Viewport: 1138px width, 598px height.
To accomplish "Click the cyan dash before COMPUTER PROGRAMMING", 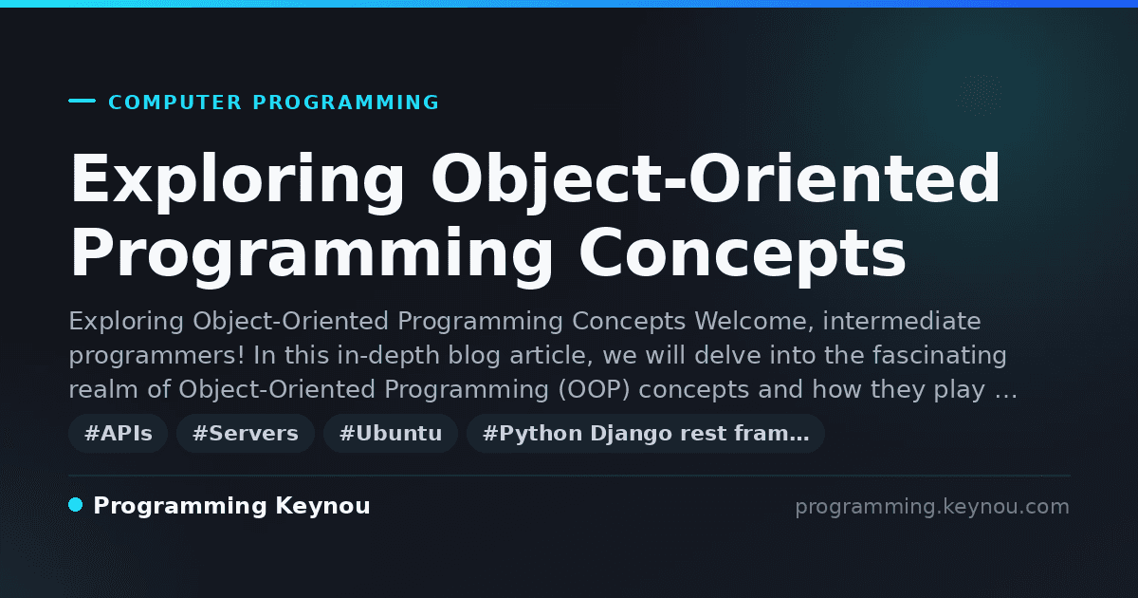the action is tap(82, 101).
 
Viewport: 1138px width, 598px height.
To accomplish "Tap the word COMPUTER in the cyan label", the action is tap(174, 103).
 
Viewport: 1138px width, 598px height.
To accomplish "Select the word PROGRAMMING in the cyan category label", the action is tap(345, 103).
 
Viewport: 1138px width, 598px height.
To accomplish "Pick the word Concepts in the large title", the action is tap(743, 252).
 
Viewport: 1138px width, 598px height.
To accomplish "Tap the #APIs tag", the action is tap(118, 433).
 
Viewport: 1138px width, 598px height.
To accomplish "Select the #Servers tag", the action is tap(246, 433).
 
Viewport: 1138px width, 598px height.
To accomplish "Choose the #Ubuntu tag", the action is tap(391, 433).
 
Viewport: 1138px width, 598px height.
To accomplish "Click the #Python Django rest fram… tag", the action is tap(645, 433).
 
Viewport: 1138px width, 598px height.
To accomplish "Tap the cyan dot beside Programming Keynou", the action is tap(75, 505).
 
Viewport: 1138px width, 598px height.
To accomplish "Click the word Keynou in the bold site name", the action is tap(322, 507).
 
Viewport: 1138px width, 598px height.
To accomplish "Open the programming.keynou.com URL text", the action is tap(932, 507).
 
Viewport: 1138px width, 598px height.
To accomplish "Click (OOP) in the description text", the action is tap(594, 389).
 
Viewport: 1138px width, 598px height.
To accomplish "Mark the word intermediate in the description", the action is tap(902, 322).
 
